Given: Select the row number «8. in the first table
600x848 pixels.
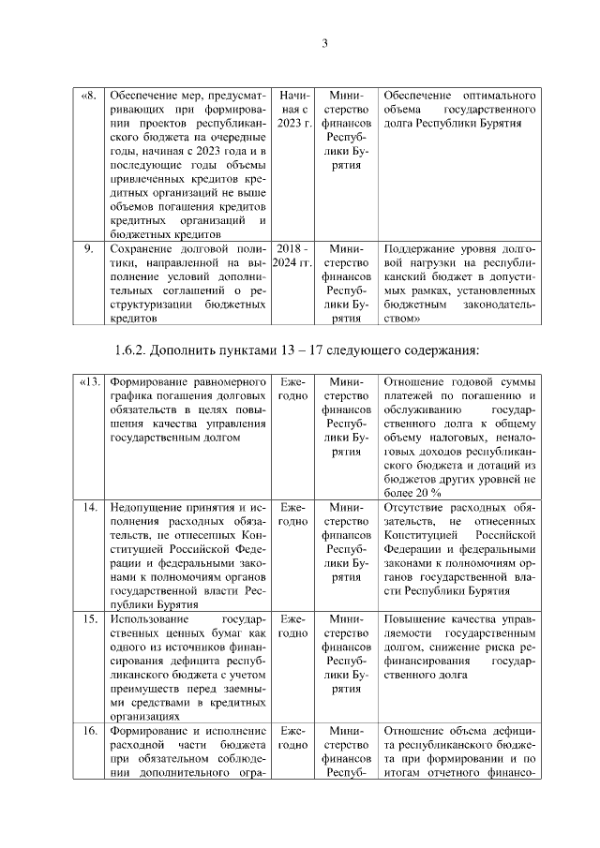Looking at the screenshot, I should coord(88,97).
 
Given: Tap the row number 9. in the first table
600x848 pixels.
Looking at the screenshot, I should coord(88,249).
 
